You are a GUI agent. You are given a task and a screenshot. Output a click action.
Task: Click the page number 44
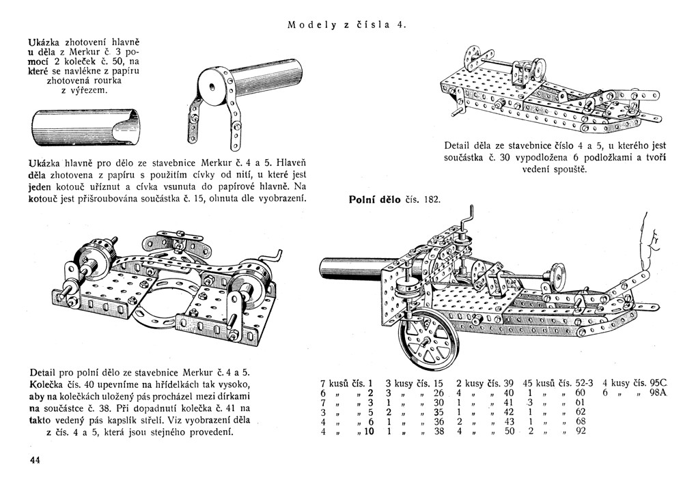35,460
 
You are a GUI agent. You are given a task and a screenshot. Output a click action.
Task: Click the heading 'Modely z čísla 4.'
347,25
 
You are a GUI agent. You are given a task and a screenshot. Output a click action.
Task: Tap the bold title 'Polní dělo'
374,200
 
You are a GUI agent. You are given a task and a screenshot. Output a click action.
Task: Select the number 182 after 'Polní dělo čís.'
432,200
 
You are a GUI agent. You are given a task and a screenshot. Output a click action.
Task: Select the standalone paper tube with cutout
86,128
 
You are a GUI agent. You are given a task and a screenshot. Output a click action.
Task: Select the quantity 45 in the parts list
527,383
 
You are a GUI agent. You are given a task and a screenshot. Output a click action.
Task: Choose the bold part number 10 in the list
369,432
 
